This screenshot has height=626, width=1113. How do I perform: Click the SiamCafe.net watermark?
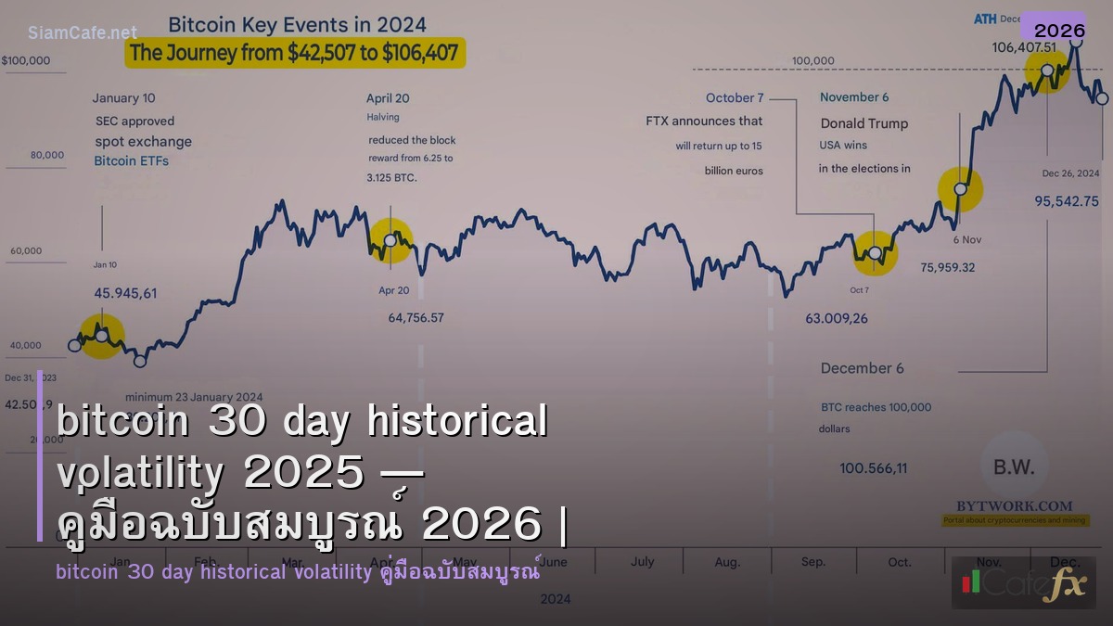[x=83, y=32]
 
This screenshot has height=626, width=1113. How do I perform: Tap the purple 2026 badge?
[x=1059, y=31]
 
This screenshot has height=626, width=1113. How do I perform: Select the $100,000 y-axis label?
[x=26, y=61]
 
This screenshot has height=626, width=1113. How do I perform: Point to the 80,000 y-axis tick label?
[x=46, y=156]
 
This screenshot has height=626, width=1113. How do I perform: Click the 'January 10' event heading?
[x=123, y=98]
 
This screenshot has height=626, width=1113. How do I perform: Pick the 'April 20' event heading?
[x=388, y=98]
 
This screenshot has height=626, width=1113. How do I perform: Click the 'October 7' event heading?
[x=735, y=98]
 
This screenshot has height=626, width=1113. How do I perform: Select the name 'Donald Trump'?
[x=864, y=123]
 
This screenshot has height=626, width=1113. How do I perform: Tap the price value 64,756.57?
[x=416, y=318]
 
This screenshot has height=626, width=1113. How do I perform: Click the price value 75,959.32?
[x=947, y=267]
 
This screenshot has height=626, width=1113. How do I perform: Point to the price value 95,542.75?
[x=1067, y=200]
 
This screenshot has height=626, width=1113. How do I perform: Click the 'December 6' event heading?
[x=862, y=368]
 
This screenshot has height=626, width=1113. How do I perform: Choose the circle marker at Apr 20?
[x=390, y=240]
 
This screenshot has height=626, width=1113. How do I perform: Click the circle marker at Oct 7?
[x=875, y=252]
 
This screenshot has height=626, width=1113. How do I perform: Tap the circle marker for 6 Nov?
[x=961, y=189]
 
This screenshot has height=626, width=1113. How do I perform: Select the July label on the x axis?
[x=642, y=561]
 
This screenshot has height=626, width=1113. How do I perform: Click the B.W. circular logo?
[x=1013, y=466]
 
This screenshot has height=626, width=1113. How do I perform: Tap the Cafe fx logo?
[x=1024, y=583]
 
